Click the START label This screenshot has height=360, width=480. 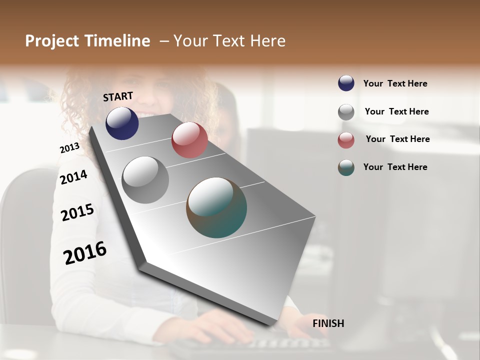[x=118, y=96]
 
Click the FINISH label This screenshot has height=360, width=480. [x=328, y=323]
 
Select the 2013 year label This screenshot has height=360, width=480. [x=69, y=148]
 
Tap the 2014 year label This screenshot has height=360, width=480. [x=73, y=177]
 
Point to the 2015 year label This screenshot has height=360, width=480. [x=77, y=212]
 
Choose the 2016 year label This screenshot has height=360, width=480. [x=85, y=252]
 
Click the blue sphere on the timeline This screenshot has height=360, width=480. [x=122, y=123]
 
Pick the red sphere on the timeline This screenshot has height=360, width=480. [x=189, y=140]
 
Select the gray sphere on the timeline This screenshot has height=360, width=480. [x=145, y=180]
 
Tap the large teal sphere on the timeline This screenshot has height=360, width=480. [x=216, y=207]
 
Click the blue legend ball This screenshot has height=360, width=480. [x=346, y=83]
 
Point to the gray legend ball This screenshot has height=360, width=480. [x=346, y=112]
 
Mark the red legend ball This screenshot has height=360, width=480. [x=346, y=140]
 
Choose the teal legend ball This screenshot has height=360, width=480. [x=346, y=167]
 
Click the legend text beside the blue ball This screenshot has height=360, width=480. [x=395, y=83]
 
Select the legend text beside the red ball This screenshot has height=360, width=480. [x=397, y=139]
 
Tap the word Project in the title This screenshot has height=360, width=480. [x=52, y=41]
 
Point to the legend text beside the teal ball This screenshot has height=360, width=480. [x=395, y=167]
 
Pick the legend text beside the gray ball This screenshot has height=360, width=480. [x=396, y=111]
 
